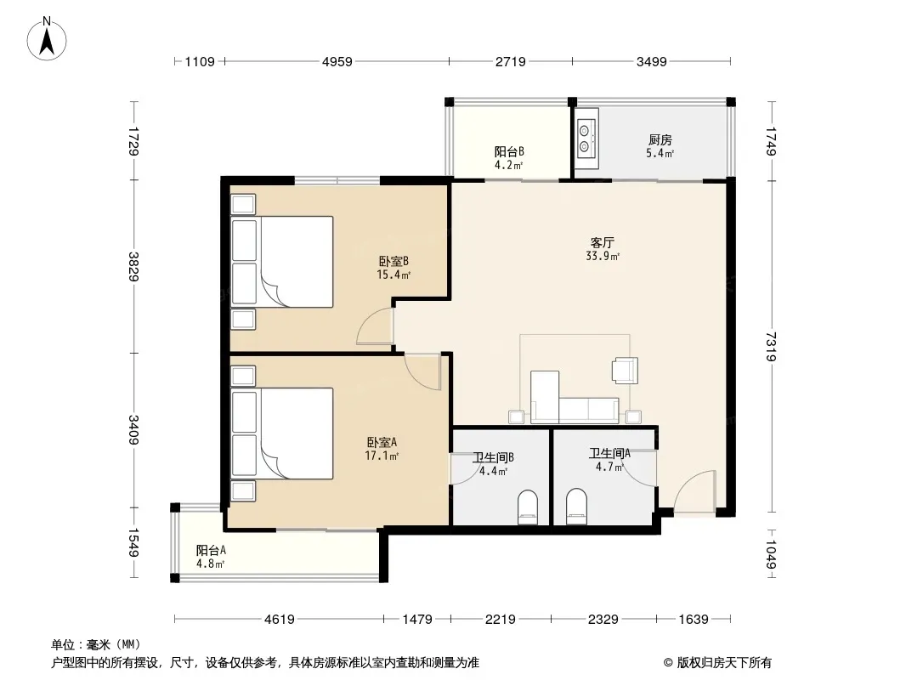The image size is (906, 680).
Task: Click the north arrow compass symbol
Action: point(47,39)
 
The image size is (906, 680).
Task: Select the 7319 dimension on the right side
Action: point(771,347)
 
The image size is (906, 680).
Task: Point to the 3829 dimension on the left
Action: point(133,266)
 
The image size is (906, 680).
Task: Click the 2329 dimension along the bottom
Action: point(603,620)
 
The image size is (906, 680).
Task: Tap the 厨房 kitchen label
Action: point(660,139)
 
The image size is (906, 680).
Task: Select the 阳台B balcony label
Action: point(509,152)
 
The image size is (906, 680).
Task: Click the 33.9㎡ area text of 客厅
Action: point(603,256)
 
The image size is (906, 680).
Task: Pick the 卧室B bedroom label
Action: point(394,261)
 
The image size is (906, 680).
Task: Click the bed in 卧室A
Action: point(282,433)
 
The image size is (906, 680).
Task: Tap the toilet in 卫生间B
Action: point(527,507)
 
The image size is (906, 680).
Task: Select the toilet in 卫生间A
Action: point(576,507)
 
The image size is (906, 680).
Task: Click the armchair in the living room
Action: point(626,371)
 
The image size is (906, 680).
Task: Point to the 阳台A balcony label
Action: point(211,551)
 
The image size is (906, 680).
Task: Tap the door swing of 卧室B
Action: point(376,326)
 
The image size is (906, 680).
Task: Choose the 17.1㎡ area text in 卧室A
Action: point(382,456)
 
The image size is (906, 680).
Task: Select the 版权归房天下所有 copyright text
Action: point(717,663)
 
